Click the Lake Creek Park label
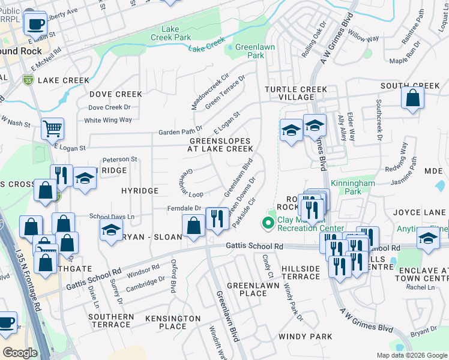pos(175,33)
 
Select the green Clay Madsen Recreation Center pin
pos(268,223)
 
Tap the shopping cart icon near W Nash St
pos(53,128)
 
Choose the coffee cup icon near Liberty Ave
pos(35,24)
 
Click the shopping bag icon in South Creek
pos(413,98)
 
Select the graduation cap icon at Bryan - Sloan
pos(111,230)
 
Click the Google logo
pos(20,352)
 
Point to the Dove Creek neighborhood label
pos(116,94)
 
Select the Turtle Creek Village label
pos(297,93)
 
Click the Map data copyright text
pos(411,355)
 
